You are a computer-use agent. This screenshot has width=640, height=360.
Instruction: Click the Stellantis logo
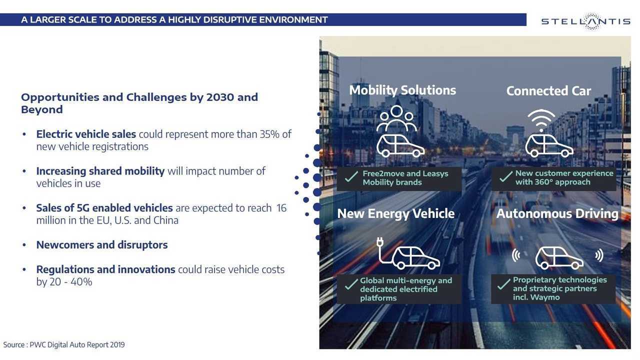pos(585,21)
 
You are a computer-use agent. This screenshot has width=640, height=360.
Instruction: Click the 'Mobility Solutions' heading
pos(402,90)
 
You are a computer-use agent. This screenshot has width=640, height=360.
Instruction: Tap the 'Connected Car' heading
pos(548,91)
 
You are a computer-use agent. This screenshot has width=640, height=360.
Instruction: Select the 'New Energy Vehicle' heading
pos(395,213)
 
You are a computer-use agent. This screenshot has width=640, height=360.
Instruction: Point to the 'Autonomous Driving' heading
pos(557,213)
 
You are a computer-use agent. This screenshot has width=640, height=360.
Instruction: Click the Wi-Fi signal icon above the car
pos(541,120)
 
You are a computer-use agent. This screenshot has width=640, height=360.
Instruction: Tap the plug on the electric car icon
pos(379,242)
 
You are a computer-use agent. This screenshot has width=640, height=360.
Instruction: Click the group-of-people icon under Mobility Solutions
pos(396,118)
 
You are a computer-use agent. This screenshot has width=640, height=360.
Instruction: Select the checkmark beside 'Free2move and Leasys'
pos(351,176)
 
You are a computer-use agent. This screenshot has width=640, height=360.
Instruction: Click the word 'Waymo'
pos(544,297)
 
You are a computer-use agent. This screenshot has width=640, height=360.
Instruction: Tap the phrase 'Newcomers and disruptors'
pos(102,245)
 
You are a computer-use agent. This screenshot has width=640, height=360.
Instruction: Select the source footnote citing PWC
pos(64,345)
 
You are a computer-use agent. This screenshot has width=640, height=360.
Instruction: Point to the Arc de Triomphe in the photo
pos(515,135)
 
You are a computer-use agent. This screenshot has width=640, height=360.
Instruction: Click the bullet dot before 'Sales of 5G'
pos(24,208)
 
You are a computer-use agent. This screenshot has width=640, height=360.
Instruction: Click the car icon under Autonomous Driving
pos(559,258)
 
